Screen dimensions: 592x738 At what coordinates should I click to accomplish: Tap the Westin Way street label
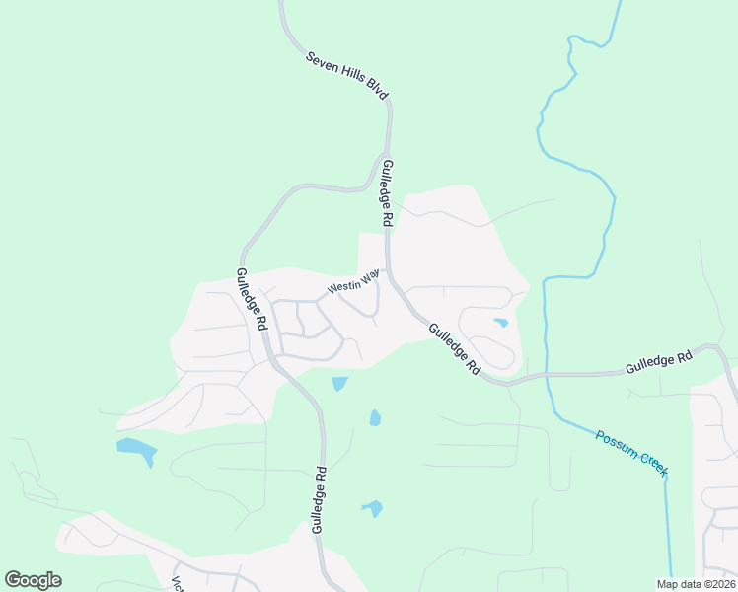tap(352, 285)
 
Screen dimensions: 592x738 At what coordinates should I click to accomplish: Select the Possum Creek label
tap(631, 451)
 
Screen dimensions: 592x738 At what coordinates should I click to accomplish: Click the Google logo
tap(33, 580)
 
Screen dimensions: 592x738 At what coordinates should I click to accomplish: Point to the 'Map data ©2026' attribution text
tap(696, 584)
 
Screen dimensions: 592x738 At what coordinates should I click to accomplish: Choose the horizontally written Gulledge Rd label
tap(659, 363)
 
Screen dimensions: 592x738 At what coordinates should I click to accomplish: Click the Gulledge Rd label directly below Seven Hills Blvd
tap(388, 191)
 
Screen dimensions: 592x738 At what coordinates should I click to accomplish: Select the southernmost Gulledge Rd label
tap(318, 500)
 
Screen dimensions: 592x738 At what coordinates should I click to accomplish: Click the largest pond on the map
tap(136, 450)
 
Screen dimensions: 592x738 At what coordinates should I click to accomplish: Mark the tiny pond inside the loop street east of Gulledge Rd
tap(501, 323)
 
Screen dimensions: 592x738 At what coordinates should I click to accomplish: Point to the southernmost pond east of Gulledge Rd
tap(373, 509)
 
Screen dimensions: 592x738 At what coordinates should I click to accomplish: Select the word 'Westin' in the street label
tap(342, 288)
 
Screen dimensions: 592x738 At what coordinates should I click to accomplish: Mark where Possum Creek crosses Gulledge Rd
tap(545, 375)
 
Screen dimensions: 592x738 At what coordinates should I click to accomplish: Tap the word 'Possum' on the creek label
tap(615, 441)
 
